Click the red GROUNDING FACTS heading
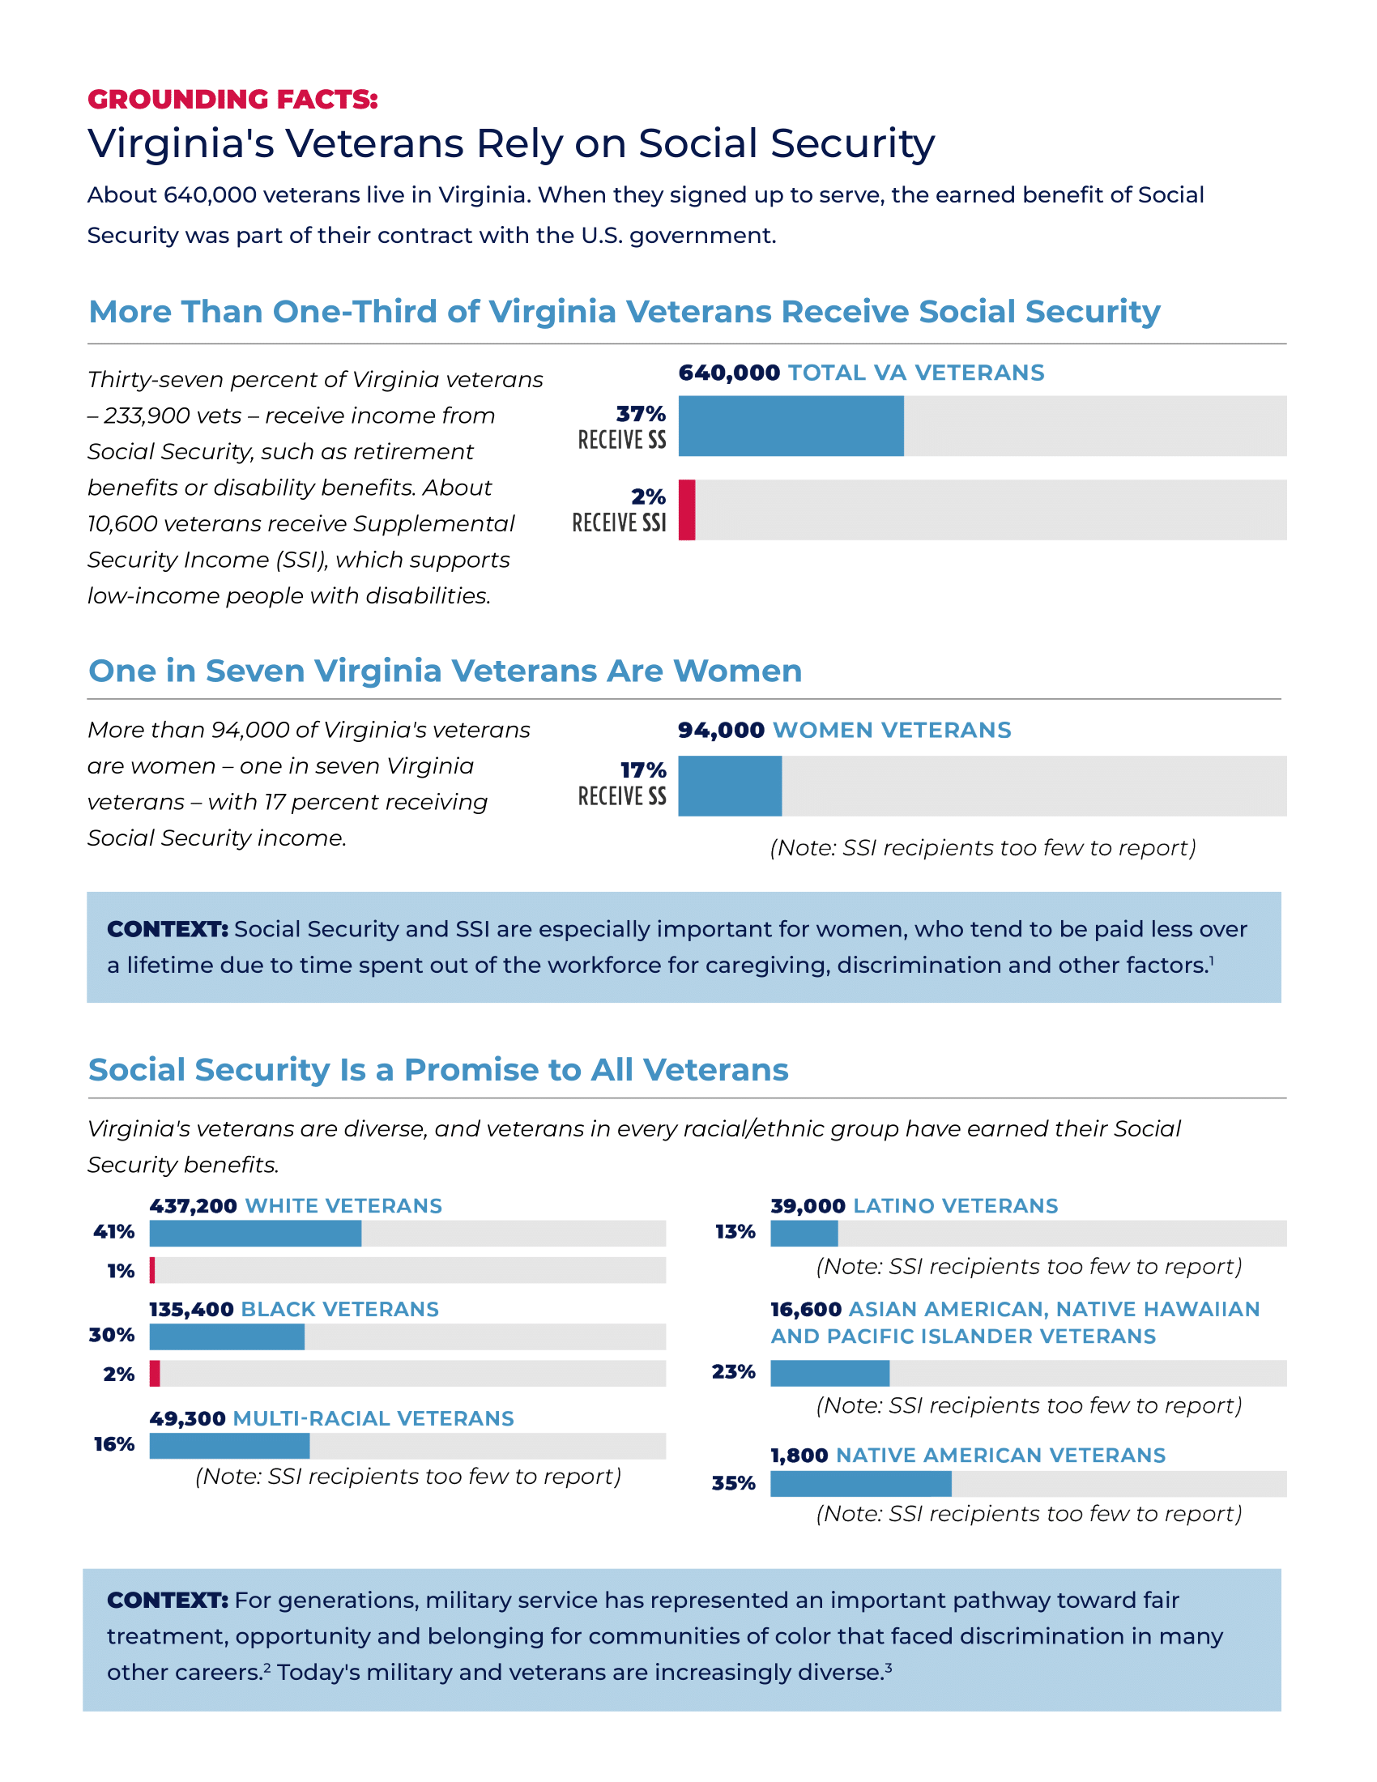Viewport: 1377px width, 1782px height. [x=232, y=99]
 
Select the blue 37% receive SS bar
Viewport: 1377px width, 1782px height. [x=790, y=426]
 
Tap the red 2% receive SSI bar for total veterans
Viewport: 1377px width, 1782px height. [x=687, y=510]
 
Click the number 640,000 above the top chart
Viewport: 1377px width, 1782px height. [x=728, y=373]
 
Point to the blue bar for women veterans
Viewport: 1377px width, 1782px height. [x=729, y=786]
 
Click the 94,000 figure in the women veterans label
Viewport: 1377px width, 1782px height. [x=720, y=731]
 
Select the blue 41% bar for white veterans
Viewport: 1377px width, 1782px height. [x=254, y=1234]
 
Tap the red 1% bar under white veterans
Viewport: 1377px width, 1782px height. [x=152, y=1270]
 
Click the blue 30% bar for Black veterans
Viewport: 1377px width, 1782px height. [x=226, y=1337]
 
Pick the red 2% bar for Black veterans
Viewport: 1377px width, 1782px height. [x=155, y=1374]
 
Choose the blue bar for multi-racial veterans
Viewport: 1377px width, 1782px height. [x=228, y=1446]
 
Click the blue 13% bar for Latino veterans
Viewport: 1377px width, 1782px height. [x=804, y=1234]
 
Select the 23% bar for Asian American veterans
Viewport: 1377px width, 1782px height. [x=829, y=1373]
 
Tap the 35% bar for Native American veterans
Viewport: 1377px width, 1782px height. [x=859, y=1484]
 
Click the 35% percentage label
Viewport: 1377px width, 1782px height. [x=732, y=1483]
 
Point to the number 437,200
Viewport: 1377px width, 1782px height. [x=194, y=1206]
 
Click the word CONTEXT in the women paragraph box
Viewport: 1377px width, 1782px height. [x=167, y=929]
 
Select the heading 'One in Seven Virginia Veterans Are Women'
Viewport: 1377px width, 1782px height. [x=445, y=671]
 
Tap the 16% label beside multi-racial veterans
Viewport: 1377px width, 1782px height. [x=114, y=1445]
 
